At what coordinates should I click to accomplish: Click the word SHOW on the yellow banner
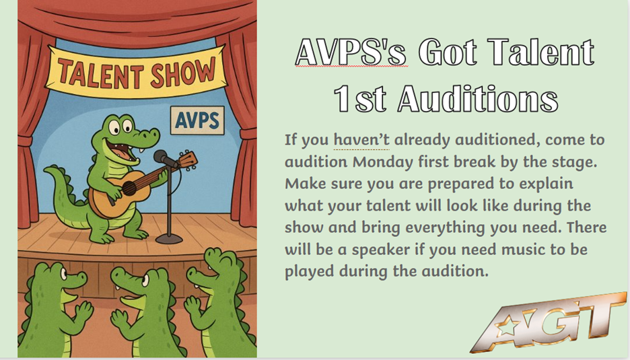(x=188, y=71)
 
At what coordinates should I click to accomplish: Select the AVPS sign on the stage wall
(x=197, y=120)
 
